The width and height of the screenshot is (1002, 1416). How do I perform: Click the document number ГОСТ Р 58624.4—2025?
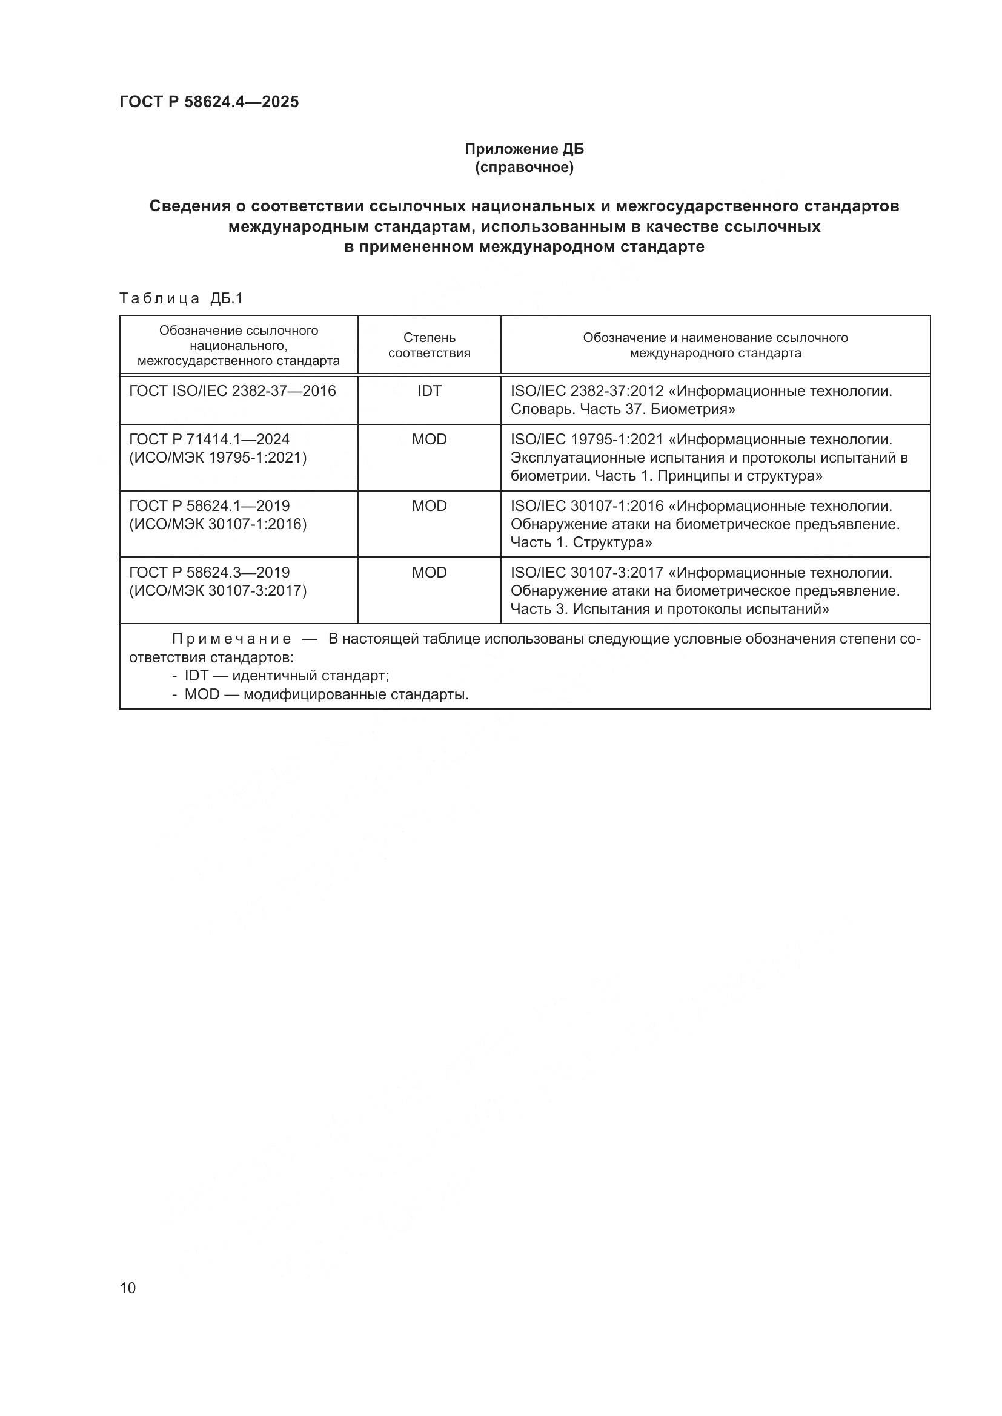click(x=208, y=102)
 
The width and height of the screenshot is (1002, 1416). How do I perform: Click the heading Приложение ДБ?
click(x=524, y=149)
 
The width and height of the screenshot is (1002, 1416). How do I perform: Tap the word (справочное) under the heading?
click(x=524, y=167)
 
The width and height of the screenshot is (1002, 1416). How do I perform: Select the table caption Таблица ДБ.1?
click(x=181, y=298)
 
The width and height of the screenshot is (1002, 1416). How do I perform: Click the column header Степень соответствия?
click(x=429, y=344)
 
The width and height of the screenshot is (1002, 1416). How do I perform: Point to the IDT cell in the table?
click(x=429, y=390)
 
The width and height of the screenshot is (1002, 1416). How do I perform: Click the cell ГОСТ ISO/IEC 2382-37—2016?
click(x=232, y=390)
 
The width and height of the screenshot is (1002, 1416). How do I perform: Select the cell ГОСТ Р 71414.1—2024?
click(x=209, y=439)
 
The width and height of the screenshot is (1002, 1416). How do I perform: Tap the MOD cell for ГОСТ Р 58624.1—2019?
click(x=429, y=505)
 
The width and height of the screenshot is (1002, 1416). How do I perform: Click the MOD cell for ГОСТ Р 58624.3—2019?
click(x=429, y=572)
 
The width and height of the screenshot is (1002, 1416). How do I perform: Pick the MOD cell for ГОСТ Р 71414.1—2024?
click(x=429, y=439)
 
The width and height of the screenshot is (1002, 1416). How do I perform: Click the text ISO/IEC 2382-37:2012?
click(x=587, y=391)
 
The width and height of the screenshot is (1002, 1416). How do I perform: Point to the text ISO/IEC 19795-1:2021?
click(x=587, y=440)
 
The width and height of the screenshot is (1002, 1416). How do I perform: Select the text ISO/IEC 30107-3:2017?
click(x=587, y=573)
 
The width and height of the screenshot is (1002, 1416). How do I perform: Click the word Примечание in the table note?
click(x=231, y=639)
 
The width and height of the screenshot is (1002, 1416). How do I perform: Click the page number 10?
click(x=128, y=1288)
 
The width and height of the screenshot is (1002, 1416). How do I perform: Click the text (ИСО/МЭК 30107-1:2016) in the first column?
click(x=218, y=524)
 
